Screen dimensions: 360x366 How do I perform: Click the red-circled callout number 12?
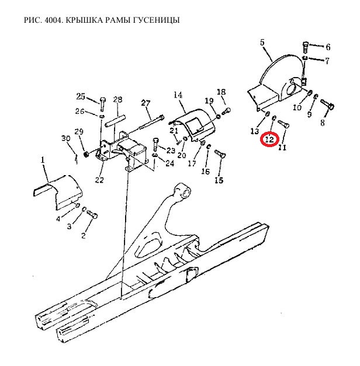click(269, 140)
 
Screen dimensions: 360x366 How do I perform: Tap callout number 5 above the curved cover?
click(262, 43)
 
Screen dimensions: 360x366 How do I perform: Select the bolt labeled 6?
click(305, 47)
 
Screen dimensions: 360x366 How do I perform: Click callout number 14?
click(178, 95)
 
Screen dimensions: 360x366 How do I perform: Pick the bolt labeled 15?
click(220, 154)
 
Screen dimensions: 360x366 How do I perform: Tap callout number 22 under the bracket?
click(99, 180)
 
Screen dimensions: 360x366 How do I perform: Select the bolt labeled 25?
click(102, 104)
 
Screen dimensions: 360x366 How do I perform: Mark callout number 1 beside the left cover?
click(43, 160)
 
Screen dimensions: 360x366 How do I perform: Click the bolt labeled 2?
click(92, 214)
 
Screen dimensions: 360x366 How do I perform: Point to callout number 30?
click(65, 138)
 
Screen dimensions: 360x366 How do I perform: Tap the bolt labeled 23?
click(156, 145)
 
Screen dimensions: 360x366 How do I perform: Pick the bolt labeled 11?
click(283, 124)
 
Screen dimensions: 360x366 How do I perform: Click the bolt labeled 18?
click(226, 111)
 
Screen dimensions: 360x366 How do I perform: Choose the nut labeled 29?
click(86, 154)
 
